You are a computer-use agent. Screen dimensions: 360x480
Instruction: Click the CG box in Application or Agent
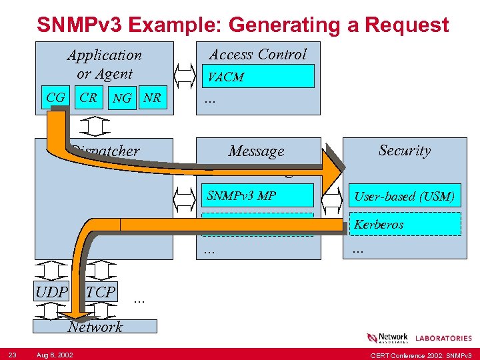(55, 98)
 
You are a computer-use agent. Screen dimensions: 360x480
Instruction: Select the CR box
(89, 98)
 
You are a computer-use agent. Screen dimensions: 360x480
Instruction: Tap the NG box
(122, 99)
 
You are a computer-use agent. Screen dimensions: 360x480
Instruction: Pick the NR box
(153, 98)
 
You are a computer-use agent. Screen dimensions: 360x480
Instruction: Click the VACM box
(257, 77)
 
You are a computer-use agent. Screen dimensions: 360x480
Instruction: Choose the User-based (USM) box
(405, 196)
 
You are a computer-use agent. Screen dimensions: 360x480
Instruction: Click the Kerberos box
(405, 224)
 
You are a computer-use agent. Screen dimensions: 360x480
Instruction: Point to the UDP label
(52, 292)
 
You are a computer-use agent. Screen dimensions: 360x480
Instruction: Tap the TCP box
(101, 292)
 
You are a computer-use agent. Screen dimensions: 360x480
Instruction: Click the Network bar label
(95, 327)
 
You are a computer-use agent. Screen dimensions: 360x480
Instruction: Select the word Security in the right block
(405, 151)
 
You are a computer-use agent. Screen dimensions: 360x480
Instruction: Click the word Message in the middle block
(257, 151)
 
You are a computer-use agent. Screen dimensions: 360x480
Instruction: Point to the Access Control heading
(258, 55)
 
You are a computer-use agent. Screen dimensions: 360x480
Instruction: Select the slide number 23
(13, 353)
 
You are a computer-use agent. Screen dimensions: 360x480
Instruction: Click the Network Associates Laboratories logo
(419, 338)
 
